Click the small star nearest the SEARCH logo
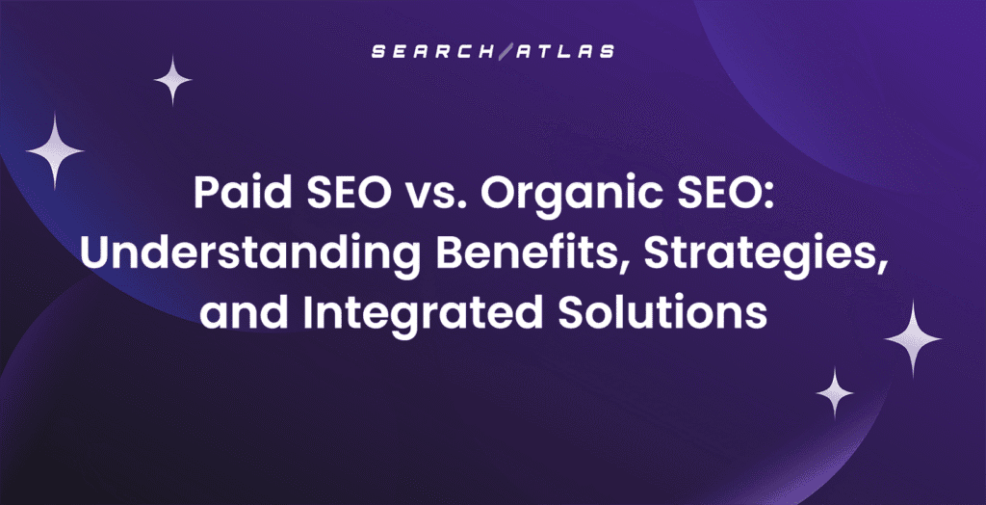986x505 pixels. [173, 80]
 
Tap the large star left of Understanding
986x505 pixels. [55, 150]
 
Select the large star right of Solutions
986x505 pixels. [912, 337]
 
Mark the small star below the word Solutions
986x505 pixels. [835, 392]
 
